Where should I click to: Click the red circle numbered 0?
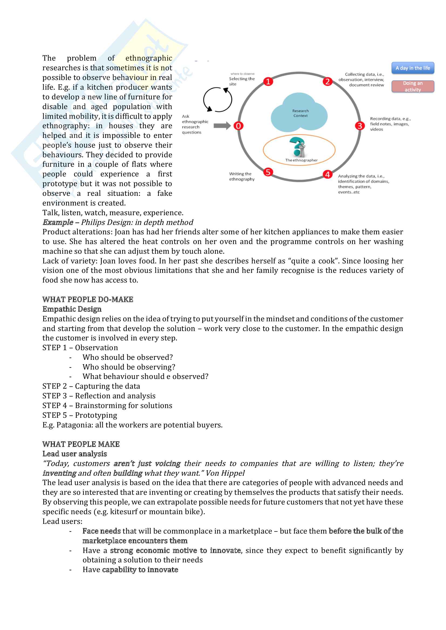(238, 126)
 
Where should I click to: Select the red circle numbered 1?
(268, 82)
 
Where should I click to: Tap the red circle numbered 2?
(327, 82)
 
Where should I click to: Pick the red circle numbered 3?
(359, 126)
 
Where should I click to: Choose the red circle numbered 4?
(327, 174)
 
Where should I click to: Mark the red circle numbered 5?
(268, 172)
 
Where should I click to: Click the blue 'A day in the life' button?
(413, 68)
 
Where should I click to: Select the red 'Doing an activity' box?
(413, 86)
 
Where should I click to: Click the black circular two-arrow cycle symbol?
(217, 100)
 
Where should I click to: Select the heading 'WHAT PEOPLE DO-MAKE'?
(88, 299)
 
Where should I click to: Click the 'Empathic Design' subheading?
(72, 309)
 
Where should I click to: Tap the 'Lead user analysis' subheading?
(74, 454)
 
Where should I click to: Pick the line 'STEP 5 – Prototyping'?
(79, 415)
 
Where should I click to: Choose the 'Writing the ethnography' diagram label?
(242, 176)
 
